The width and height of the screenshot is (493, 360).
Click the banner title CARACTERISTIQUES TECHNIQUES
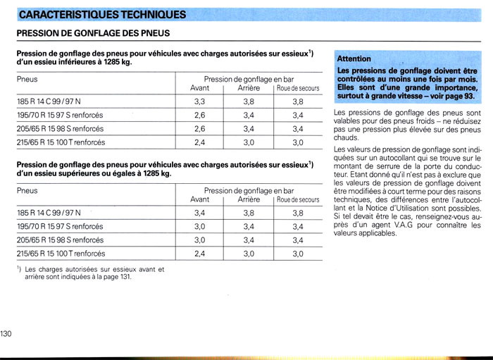pyautogui.click(x=102, y=14)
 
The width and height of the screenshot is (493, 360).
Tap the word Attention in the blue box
pyautogui.click(x=354, y=58)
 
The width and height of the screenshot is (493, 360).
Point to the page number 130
pyautogui.click(x=7, y=333)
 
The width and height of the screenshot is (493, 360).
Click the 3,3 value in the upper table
pyautogui.click(x=199, y=101)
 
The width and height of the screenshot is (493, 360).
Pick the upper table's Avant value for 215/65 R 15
pyautogui.click(x=199, y=142)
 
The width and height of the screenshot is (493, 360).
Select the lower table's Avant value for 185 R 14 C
pyautogui.click(x=199, y=213)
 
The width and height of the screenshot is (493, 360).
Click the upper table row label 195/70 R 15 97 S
pyautogui.click(x=60, y=115)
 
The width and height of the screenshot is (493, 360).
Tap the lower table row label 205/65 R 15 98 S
pyautogui.click(x=60, y=240)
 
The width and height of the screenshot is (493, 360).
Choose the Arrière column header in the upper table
pyautogui.click(x=249, y=88)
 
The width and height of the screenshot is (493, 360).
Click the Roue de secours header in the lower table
pyautogui.click(x=297, y=200)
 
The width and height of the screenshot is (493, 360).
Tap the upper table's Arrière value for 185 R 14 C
pyautogui.click(x=249, y=101)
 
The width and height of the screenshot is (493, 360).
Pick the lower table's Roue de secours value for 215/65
pyautogui.click(x=297, y=254)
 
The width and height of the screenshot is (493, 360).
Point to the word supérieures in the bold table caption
pyautogui.click(x=82, y=173)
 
